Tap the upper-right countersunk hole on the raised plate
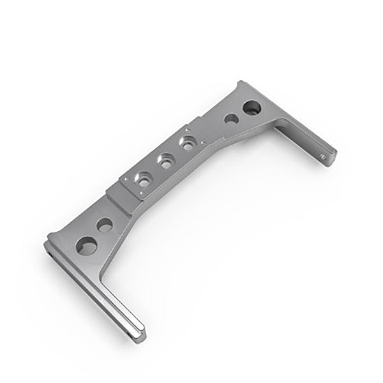coord(187,144)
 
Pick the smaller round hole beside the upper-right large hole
coord(232,119)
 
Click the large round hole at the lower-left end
coord(86,245)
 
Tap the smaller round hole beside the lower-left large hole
coord(105,225)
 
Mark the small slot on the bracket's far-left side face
coord(50,253)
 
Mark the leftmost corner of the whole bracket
coord(45,244)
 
